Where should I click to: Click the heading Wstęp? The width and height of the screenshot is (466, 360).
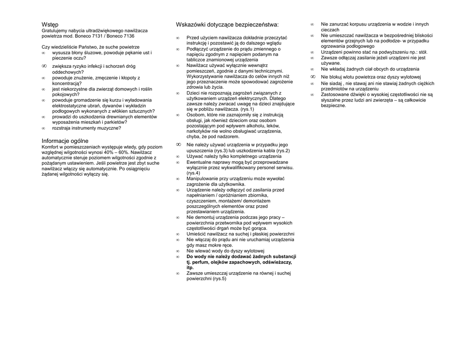tap(50, 25)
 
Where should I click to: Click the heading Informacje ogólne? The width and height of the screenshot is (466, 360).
tap(65, 141)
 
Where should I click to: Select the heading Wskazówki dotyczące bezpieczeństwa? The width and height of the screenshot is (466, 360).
tap(227, 25)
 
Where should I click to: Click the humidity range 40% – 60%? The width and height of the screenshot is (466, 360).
tap(117, 152)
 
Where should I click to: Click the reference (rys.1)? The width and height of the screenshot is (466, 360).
tap(247, 109)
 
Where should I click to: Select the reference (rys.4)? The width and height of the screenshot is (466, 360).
tap(193, 173)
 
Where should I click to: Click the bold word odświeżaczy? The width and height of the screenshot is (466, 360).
tap(276, 262)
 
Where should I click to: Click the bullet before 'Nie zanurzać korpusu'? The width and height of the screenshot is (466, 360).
tap(312, 25)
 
